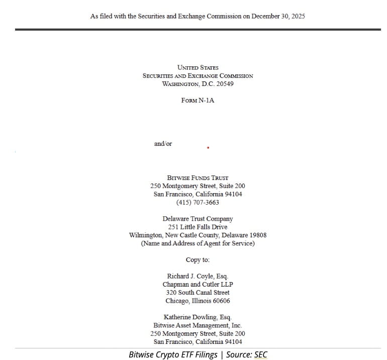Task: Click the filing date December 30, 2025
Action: [278, 16]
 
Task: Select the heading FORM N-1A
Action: [198, 100]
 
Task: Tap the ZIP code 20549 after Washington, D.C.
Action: [225, 83]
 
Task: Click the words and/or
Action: [163, 144]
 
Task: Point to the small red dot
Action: [208, 148]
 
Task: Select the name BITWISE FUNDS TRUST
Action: [198, 177]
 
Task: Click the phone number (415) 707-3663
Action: [198, 202]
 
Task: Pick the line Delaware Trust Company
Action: [198, 219]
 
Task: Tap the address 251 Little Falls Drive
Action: [198, 227]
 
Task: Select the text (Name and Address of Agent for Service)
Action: [198, 243]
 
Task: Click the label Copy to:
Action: [198, 260]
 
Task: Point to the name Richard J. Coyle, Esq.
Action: [198, 276]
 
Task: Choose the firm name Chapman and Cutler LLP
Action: [198, 284]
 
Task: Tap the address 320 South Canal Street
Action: [198, 292]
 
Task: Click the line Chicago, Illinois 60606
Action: [198, 301]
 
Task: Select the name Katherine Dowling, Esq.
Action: [198, 317]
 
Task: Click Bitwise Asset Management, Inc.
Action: [198, 325]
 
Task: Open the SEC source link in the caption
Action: [261, 354]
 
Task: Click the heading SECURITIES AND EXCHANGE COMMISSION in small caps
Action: [198, 75]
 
